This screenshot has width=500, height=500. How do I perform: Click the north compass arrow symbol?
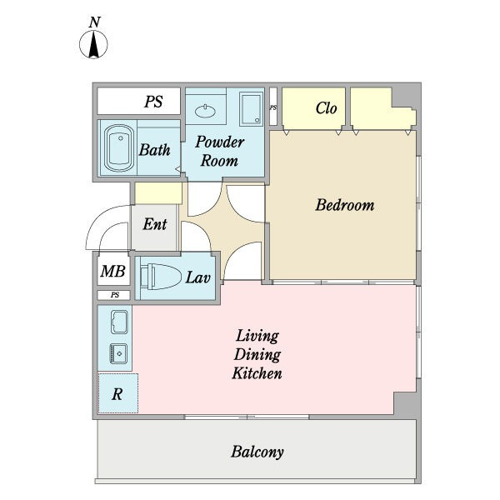tap(93, 45)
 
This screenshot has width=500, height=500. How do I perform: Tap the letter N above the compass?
tap(95, 22)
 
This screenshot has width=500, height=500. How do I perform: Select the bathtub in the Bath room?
tap(119, 148)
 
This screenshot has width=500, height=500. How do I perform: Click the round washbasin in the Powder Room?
tap(205, 112)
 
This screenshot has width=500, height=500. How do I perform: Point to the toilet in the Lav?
tap(160, 277)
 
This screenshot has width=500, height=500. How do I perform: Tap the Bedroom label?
tap(345, 205)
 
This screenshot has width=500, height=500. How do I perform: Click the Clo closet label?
tap(326, 108)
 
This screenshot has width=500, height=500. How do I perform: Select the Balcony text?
tap(257, 452)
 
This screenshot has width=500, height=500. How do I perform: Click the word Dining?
tap(257, 355)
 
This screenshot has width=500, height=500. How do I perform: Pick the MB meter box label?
tap(112, 272)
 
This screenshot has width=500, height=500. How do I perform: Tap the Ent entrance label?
tap(155, 224)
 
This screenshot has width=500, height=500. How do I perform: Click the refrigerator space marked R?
tap(118, 393)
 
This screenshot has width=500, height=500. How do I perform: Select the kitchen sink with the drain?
tap(118, 353)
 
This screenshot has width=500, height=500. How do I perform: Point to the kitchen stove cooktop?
tap(119, 322)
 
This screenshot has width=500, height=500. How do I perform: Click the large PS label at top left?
tap(153, 102)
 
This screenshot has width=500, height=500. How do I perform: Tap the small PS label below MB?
tap(115, 295)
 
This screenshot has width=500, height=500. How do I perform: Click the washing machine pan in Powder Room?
tap(252, 108)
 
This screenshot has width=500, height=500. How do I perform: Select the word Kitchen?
tap(257, 373)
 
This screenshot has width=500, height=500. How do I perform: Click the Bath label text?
tap(155, 150)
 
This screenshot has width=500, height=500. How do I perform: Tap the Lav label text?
tap(198, 277)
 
